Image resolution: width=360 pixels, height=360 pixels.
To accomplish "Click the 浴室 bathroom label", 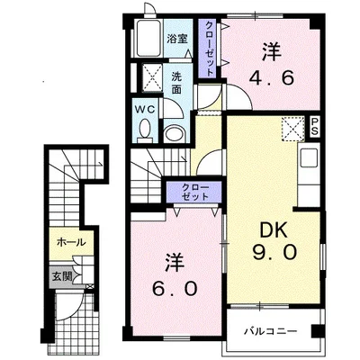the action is point(177,39).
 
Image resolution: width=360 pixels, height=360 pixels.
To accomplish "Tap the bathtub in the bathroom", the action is point(149,38).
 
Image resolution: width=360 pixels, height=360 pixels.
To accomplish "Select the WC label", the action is point(146,109).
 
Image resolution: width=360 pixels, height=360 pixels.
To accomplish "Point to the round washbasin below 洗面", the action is point(175,132).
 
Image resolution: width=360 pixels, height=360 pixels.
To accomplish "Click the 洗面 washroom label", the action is point(176,83).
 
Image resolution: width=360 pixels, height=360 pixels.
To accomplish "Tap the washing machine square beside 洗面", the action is point(151,76).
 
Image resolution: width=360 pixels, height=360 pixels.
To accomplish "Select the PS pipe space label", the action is point(315,127).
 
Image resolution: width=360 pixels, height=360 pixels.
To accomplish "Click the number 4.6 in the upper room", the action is point(272,78).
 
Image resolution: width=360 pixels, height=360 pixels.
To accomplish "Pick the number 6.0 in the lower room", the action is point(175,289).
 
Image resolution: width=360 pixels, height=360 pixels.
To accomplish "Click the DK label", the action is point(274,230).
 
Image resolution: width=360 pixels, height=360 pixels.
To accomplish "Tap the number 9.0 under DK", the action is point(274,252).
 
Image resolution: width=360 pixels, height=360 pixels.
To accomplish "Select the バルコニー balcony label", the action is point(270,331).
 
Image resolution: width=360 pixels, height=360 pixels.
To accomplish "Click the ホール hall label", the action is point(71,242).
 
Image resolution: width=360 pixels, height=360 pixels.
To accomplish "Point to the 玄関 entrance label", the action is point(62,276).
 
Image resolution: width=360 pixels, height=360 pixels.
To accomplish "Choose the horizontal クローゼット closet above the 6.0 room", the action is point(195,192).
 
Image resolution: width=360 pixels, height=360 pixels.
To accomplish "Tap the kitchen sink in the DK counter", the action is point(309,157).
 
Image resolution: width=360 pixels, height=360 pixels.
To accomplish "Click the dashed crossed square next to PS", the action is point(292,129).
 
